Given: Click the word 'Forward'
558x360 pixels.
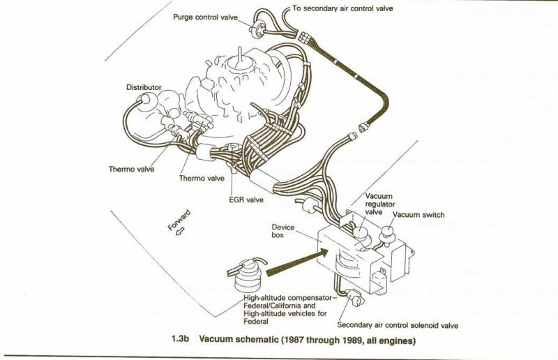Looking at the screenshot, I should tap(179, 220).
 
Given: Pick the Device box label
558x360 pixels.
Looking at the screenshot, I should tap(285, 232).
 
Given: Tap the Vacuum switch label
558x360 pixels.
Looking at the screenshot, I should tap(419, 215).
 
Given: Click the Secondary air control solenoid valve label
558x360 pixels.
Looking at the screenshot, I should tap(398, 324).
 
